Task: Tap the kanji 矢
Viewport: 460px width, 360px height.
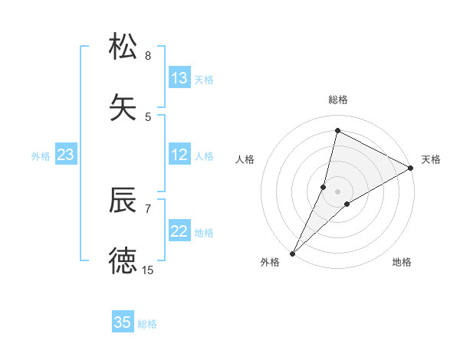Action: (x=123, y=107)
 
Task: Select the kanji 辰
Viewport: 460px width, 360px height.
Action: (x=123, y=200)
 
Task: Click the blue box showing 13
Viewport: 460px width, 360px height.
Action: (x=179, y=78)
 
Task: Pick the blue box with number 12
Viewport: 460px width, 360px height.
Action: (x=179, y=155)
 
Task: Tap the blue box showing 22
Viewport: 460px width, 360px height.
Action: (x=179, y=231)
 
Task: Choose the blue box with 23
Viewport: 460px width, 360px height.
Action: (x=65, y=155)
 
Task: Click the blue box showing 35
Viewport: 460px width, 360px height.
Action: (x=123, y=322)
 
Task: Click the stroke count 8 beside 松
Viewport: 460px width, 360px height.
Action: (x=148, y=56)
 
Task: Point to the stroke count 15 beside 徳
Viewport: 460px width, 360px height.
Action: (x=148, y=270)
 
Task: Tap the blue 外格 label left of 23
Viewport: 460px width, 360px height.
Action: (x=41, y=156)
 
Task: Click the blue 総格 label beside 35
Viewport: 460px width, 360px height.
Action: (x=147, y=324)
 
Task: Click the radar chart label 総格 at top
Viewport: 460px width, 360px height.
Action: (x=337, y=100)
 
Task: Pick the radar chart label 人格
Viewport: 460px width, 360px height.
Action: (x=245, y=159)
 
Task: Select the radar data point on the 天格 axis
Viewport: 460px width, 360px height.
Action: (x=411, y=169)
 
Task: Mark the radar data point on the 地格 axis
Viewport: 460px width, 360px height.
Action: (x=347, y=204)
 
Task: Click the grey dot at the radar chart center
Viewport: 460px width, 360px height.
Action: (x=337, y=191)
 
